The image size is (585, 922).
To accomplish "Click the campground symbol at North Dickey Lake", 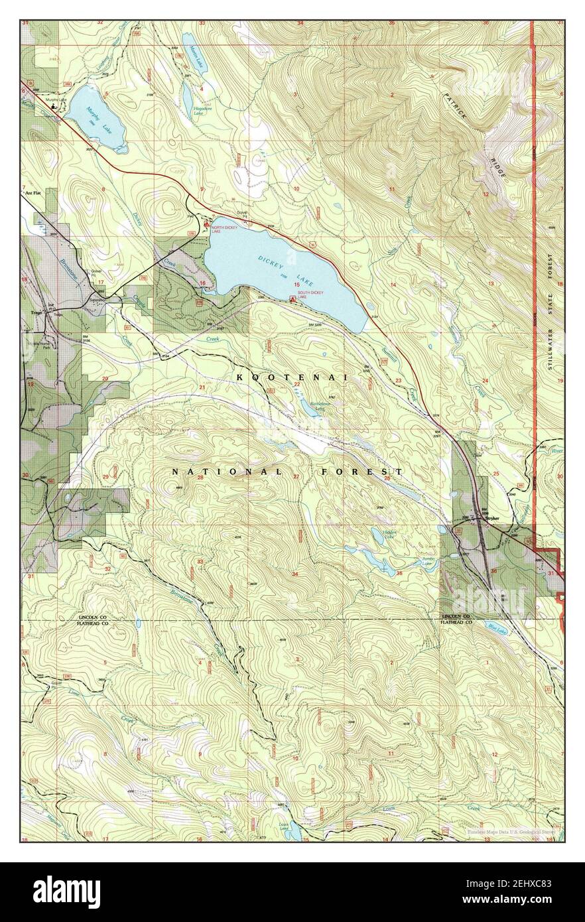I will (206, 226).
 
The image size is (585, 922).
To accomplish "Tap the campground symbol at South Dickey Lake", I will (292, 299).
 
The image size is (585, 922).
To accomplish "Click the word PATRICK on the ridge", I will (457, 107).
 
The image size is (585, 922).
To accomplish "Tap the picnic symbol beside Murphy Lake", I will (54, 105).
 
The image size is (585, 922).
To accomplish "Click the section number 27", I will (296, 477).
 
